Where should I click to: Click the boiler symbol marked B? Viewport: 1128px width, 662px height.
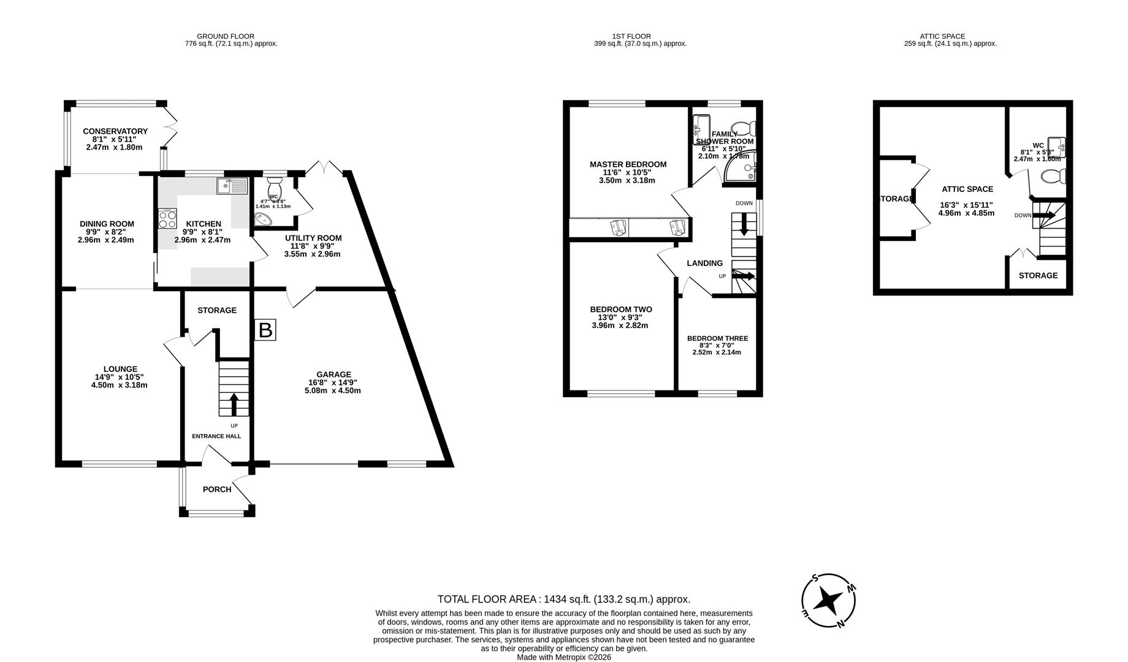265,330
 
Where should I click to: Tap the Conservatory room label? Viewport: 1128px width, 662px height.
115,131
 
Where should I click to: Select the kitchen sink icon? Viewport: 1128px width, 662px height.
232,186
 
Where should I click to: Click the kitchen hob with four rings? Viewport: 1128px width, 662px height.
167,219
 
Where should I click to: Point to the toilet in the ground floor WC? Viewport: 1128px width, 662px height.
274,184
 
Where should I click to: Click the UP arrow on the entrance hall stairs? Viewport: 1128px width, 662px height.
234,404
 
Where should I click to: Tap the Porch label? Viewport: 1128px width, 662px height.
217,489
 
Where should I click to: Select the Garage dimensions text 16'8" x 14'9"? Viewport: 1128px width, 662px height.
333,382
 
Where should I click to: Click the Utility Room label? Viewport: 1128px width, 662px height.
313,238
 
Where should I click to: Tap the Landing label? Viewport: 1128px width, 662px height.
704,263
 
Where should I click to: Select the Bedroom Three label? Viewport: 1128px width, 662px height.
717,338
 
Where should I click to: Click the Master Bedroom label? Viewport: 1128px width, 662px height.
628,164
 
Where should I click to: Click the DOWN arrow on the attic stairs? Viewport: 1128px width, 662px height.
1046,215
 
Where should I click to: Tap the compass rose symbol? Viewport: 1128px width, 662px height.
829,601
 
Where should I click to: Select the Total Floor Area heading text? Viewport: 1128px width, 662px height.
563,599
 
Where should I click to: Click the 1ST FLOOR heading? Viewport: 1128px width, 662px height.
631,36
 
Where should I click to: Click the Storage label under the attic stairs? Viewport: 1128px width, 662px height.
1038,275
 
